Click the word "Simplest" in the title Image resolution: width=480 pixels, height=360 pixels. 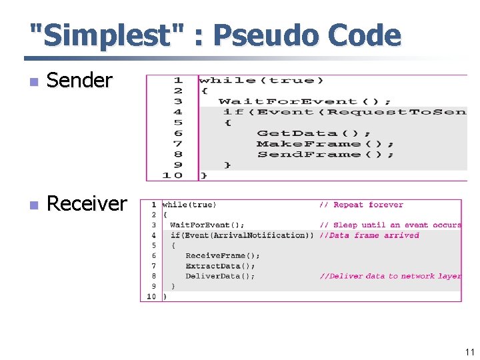pyautogui.click(x=105, y=36)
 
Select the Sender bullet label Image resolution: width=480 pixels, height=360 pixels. pyautogui.click(x=79, y=81)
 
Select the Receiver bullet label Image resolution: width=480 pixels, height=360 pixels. pyautogui.click(x=87, y=203)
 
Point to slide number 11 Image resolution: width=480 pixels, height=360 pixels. pyautogui.click(x=469, y=352)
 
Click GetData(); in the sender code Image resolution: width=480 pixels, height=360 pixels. pyautogui.click(x=314, y=133)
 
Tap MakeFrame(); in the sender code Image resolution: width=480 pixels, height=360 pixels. pyautogui.click(x=325, y=144)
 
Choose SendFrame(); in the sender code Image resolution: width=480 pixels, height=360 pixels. pyautogui.click(x=325, y=155)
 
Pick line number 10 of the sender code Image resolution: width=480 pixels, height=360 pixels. pyautogui.click(x=173, y=175)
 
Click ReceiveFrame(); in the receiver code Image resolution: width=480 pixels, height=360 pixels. pyautogui.click(x=223, y=255)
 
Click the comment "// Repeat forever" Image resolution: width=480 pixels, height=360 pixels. pyautogui.click(x=361, y=205)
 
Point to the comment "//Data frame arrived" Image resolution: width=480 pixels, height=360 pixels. pyautogui.click(x=369, y=235)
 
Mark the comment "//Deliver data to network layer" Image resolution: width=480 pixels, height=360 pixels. pyautogui.click(x=390, y=276)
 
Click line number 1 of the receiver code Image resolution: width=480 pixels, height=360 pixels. pyautogui.click(x=153, y=205)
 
